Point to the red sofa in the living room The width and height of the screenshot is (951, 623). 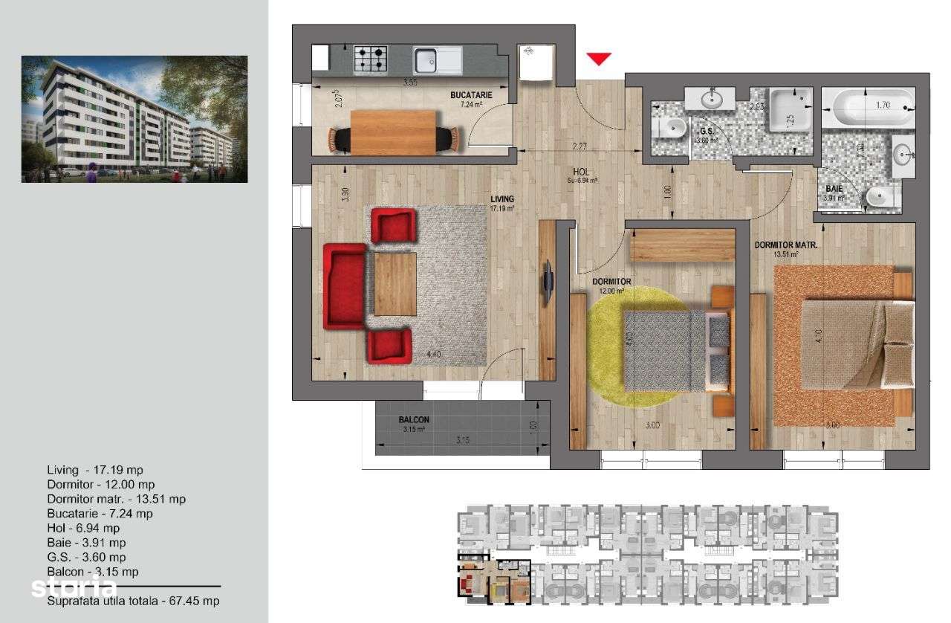(x=344, y=286)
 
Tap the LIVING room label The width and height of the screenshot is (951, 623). (x=502, y=199)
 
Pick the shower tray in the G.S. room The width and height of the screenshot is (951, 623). (x=792, y=111)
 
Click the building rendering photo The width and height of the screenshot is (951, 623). (x=134, y=119)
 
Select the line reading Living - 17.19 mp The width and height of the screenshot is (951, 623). (x=95, y=470)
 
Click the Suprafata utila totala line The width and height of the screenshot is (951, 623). (x=133, y=601)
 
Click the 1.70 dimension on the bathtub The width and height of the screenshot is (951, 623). (x=883, y=106)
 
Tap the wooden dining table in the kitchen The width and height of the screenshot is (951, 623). (x=393, y=132)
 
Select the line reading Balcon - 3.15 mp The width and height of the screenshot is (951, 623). (x=93, y=572)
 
